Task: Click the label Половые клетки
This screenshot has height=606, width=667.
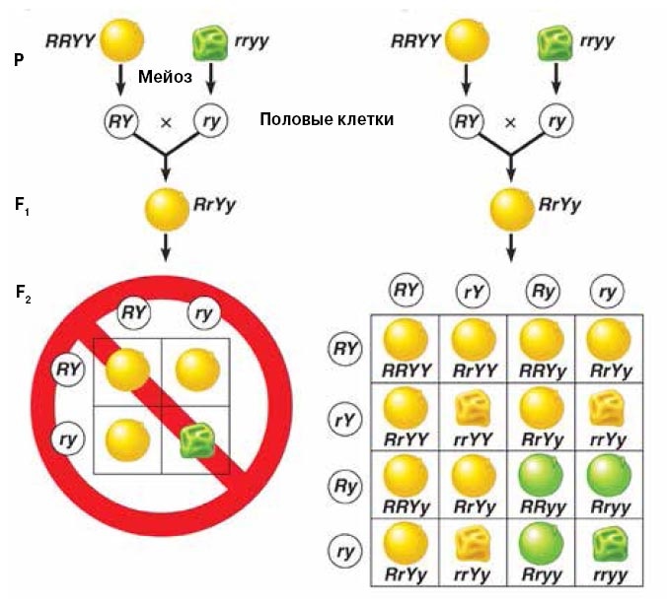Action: click(327, 119)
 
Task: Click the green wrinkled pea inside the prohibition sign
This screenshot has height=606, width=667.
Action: click(193, 437)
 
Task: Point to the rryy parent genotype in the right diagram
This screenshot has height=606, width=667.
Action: click(598, 40)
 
